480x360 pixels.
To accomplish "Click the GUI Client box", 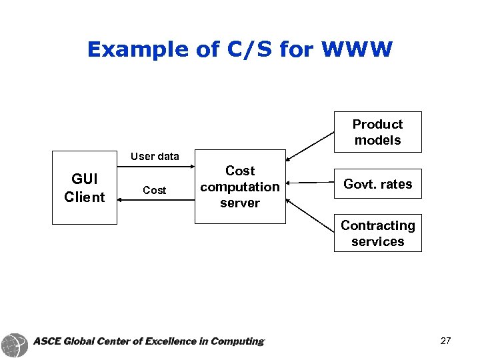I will click(84, 187).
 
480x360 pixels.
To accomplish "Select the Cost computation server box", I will click(239, 187).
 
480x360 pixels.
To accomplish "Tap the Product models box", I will click(377, 132).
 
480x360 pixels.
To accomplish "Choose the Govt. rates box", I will click(377, 184).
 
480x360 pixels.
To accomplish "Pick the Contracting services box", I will click(377, 233).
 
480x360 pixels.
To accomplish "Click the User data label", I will click(155, 157).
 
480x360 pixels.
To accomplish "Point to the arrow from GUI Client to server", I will click(155, 166).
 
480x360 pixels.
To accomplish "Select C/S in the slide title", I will click(237, 49).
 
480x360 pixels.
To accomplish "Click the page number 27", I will click(445, 341).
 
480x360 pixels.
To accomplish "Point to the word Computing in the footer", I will click(237, 341).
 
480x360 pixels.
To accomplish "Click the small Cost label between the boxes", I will click(155, 191).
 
